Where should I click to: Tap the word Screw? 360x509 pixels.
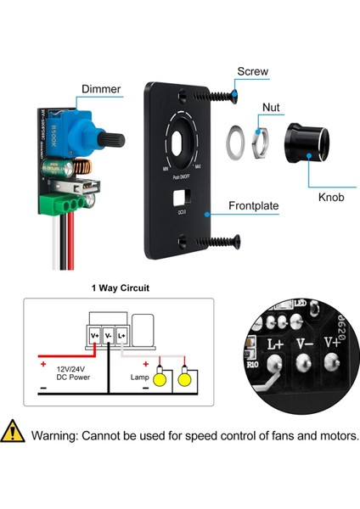click(255, 71)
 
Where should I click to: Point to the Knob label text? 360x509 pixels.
click(331, 198)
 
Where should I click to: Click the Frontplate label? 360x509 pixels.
click(263, 205)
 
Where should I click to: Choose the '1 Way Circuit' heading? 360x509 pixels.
click(121, 288)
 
